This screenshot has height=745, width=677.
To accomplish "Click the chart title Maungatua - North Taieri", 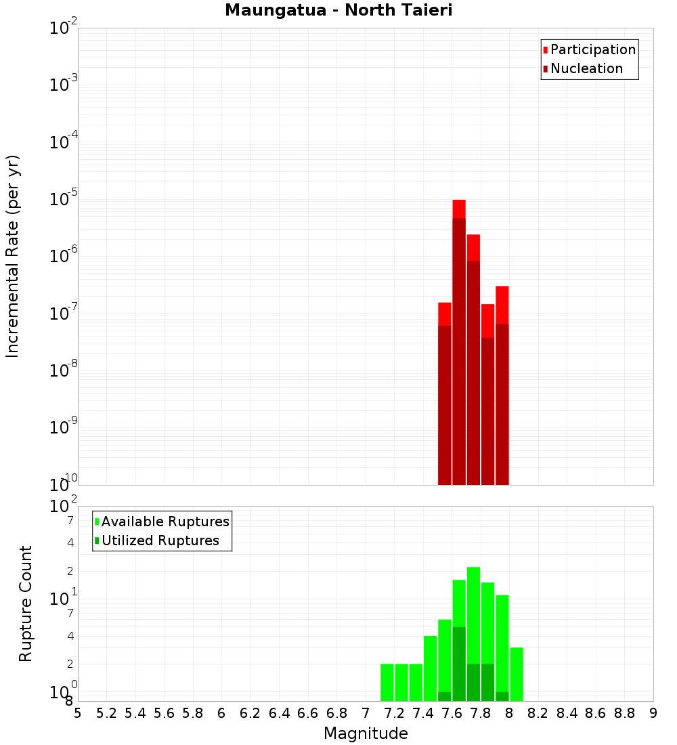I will pyautogui.click(x=338, y=10).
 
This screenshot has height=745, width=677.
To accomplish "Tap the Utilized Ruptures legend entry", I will pyautogui.click(x=160, y=540).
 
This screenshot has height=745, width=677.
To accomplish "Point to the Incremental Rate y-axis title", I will pyautogui.click(x=12, y=256).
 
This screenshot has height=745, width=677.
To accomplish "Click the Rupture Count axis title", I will pyautogui.click(x=26, y=603).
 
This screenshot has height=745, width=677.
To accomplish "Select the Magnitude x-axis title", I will pyautogui.click(x=366, y=733).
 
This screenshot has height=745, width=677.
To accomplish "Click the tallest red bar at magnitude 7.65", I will pyautogui.click(x=459, y=339).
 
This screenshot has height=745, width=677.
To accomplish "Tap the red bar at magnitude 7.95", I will pyautogui.click(x=502, y=386).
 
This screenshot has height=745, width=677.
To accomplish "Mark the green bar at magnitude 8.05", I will pyautogui.click(x=517, y=674).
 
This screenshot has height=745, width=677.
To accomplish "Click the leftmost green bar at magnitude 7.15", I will pyautogui.click(x=387, y=682).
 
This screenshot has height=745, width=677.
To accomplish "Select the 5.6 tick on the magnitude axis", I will pyautogui.click(x=164, y=713).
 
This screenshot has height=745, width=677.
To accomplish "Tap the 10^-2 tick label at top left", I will pyautogui.click(x=64, y=28).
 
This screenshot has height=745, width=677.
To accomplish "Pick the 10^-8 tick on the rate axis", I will pyautogui.click(x=64, y=370).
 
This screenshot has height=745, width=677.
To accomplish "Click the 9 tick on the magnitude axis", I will pyautogui.click(x=653, y=713).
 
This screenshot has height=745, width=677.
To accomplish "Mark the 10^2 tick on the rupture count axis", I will pyautogui.click(x=64, y=507).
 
